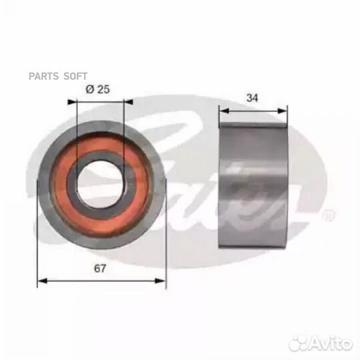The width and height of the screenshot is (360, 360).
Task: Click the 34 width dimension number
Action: click(x=252, y=97)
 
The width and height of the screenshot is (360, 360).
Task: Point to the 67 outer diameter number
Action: click(x=101, y=269)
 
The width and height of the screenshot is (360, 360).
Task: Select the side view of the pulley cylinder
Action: click(x=253, y=180)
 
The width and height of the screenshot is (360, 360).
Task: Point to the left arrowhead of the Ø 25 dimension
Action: click(x=73, y=102)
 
